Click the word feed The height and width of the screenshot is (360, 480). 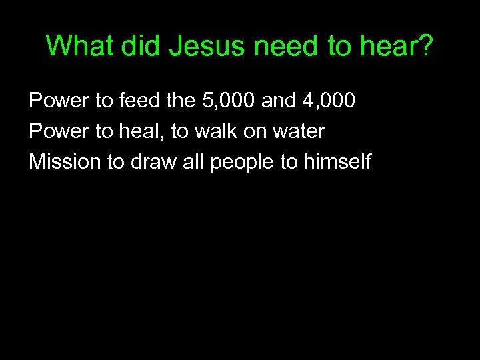(137, 101)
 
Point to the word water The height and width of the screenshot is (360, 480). (299, 131)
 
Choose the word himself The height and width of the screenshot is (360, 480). (338, 162)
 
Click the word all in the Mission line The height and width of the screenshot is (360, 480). (191, 162)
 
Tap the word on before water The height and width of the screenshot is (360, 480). (255, 131)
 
